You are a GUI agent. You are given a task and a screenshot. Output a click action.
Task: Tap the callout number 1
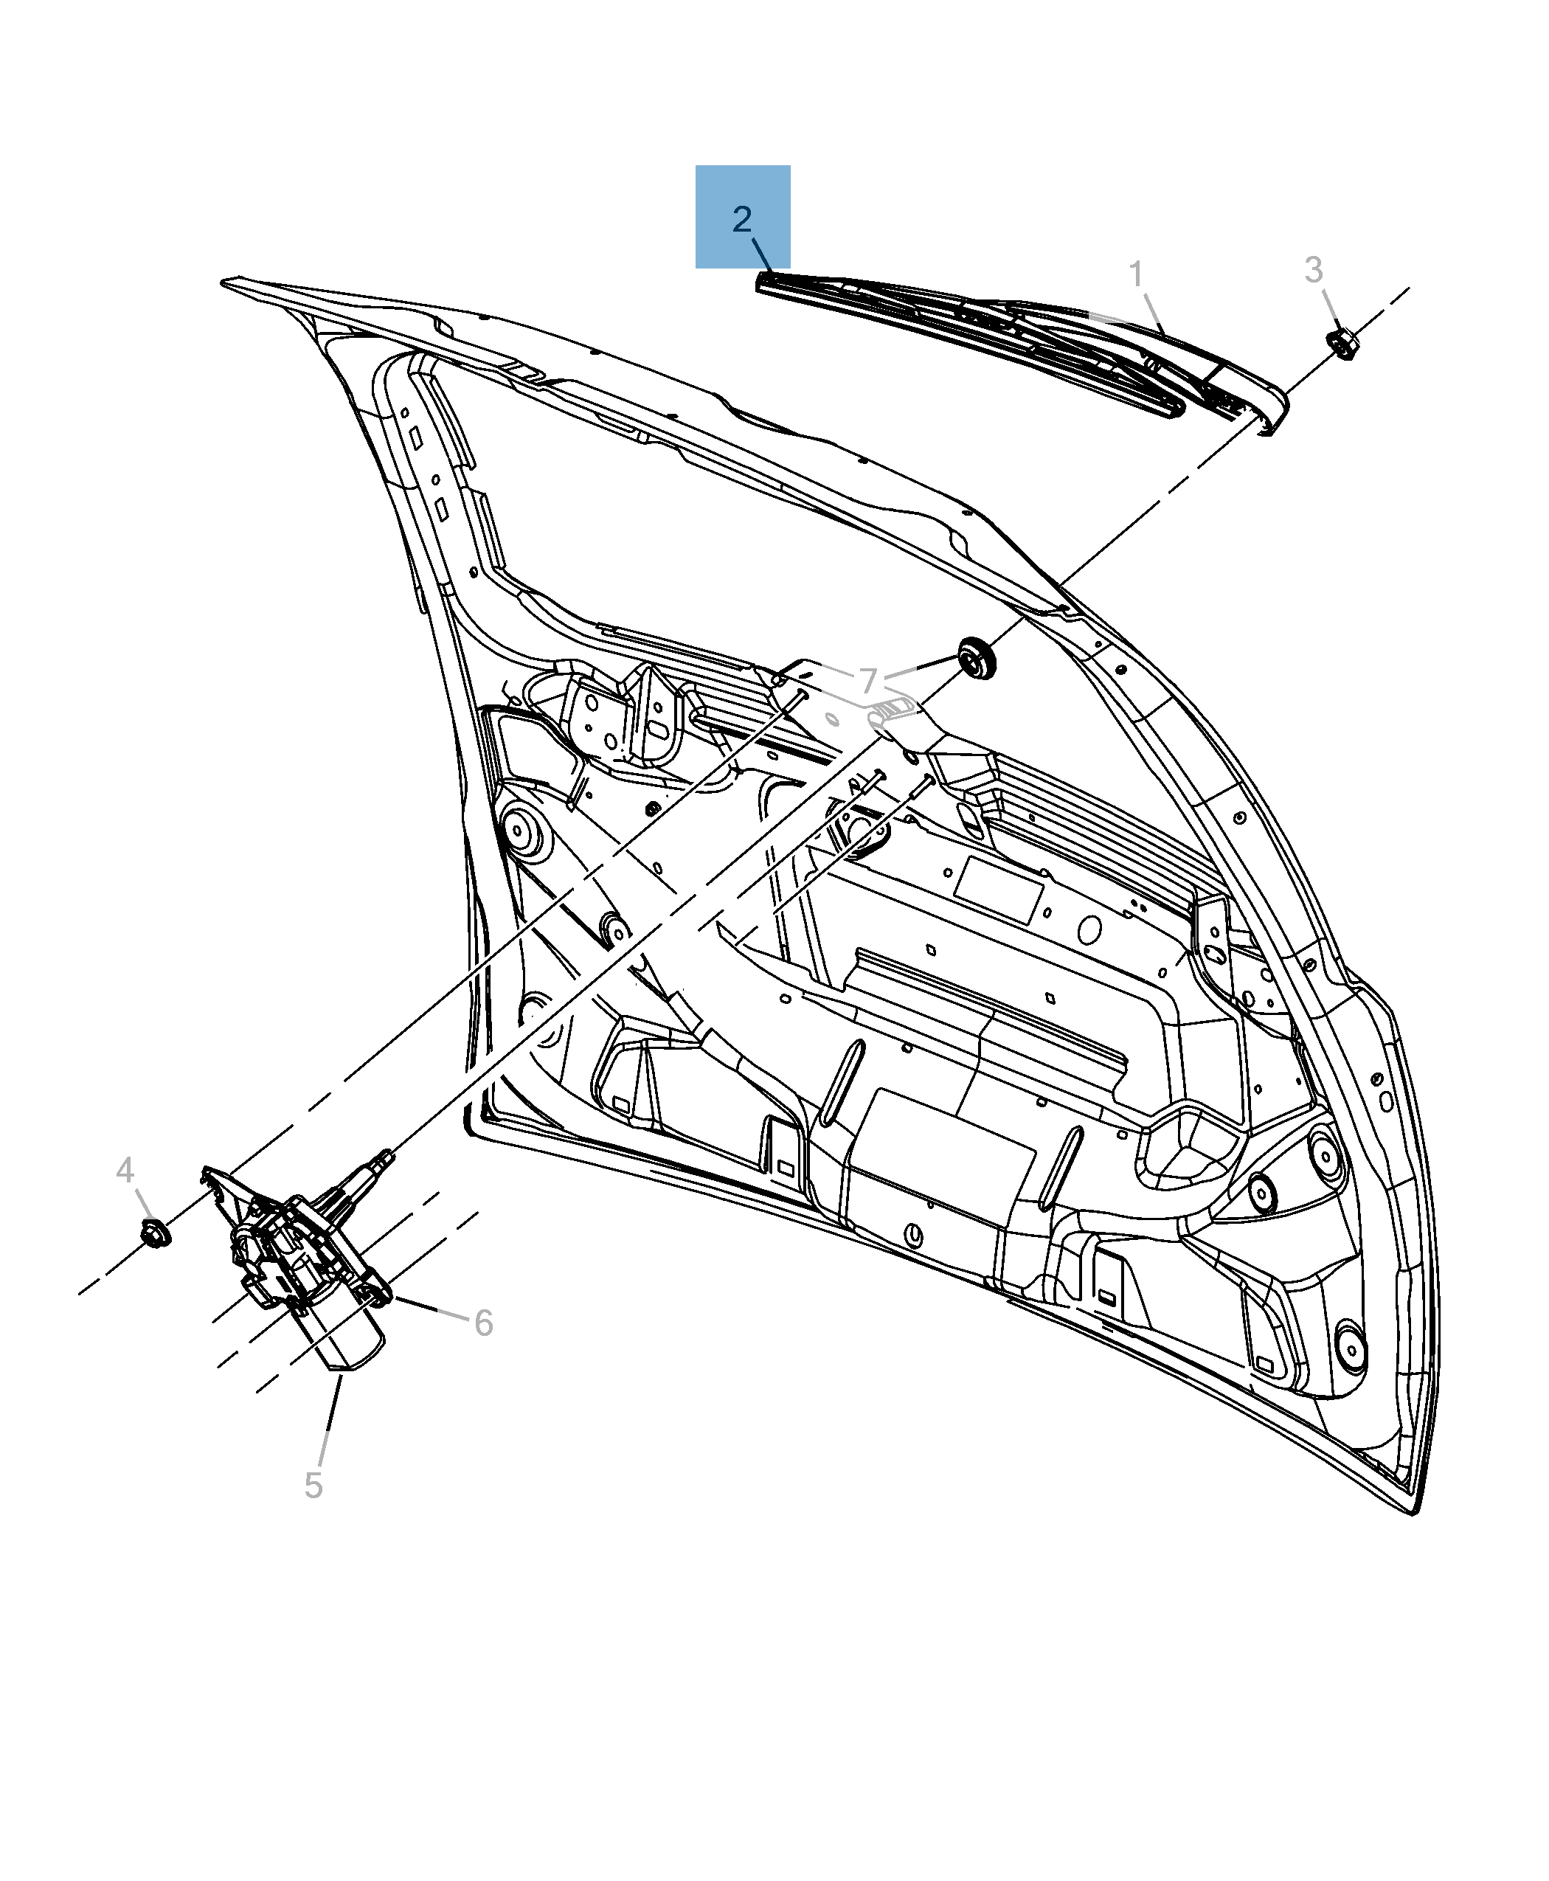point(1136,274)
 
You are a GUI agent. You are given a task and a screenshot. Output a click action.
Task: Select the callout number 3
point(1314,269)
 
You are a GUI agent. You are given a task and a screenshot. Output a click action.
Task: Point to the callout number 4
point(125,1170)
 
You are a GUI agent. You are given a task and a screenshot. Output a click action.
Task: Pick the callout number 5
point(313,1486)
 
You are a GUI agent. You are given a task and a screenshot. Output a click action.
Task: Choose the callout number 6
point(484,1323)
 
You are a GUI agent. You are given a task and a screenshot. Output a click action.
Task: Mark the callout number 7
point(868,681)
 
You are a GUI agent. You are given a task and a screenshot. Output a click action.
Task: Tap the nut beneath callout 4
point(155,1233)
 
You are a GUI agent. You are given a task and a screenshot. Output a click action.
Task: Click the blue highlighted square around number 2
point(742,216)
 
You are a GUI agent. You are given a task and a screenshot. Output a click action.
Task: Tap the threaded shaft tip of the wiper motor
point(387,1156)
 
